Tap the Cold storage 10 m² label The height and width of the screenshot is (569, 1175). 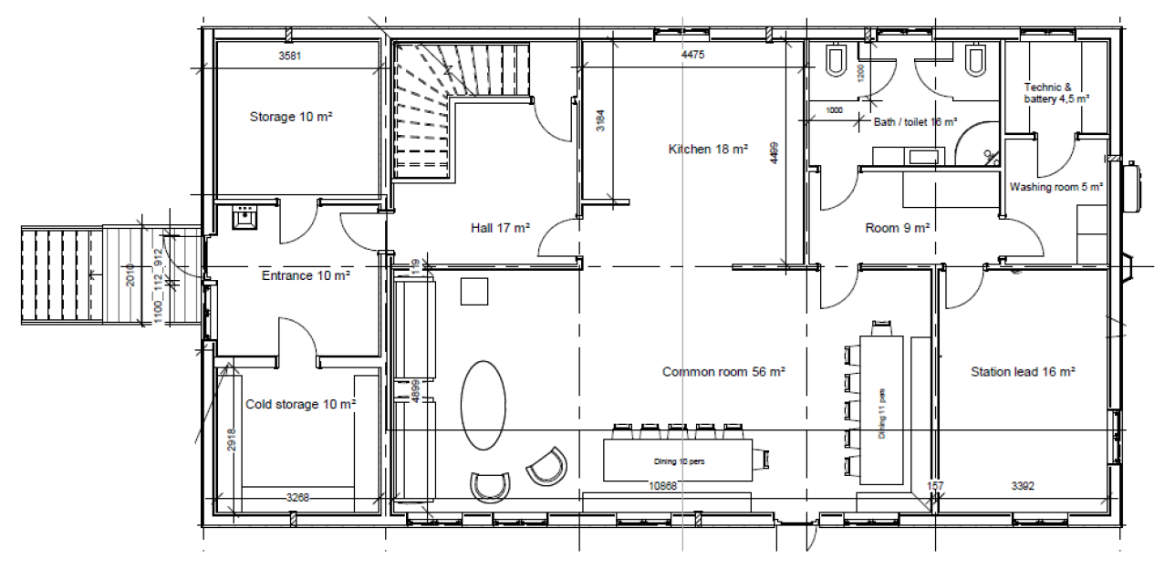point(300,404)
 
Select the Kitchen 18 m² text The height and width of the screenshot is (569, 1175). point(708,149)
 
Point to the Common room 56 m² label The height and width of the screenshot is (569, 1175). point(723,372)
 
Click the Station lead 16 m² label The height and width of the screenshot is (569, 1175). point(1023,372)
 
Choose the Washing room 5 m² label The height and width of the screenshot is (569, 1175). point(1055,187)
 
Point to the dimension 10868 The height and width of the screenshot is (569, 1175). point(662,486)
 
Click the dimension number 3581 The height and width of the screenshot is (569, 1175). point(289,57)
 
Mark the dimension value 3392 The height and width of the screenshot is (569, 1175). point(1022,486)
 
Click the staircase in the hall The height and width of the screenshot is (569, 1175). point(429,114)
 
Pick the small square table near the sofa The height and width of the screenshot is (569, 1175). point(473,292)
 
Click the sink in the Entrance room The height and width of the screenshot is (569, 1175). point(244,218)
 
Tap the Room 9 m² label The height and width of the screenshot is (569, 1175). point(897,229)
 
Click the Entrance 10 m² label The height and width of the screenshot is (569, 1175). point(306,274)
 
